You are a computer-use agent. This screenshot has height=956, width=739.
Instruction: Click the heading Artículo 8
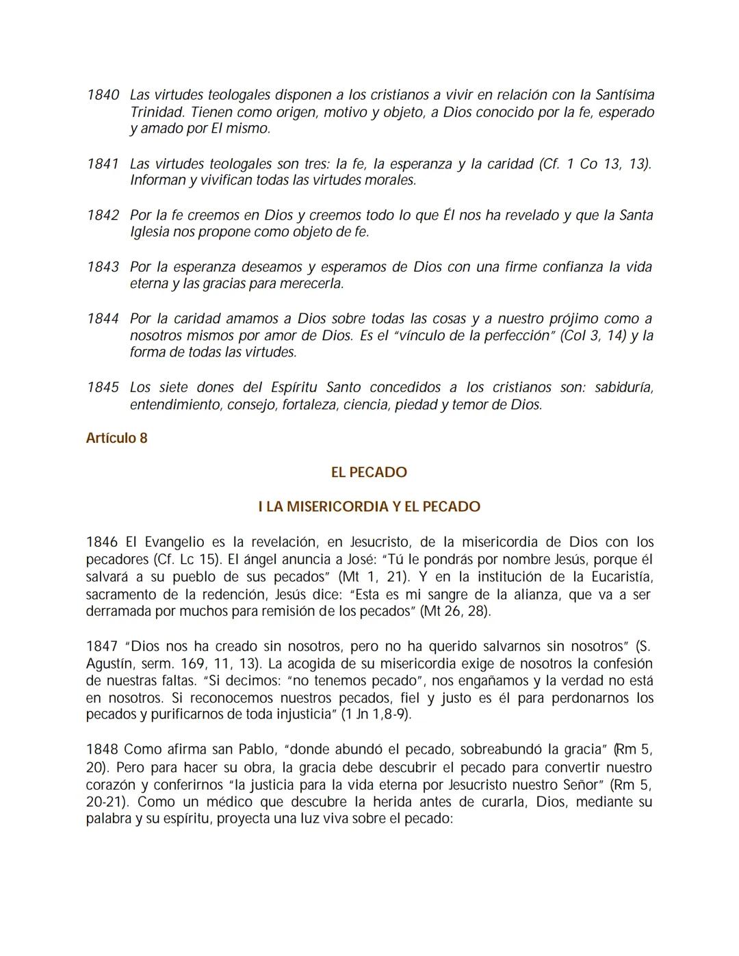(116, 438)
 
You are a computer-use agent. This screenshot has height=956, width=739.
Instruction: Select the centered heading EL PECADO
(369, 472)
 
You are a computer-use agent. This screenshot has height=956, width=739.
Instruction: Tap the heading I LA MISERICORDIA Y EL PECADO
(369, 507)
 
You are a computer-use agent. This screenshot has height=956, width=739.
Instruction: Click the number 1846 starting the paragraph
(102, 542)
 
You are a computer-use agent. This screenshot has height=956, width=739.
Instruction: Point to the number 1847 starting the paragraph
(102, 646)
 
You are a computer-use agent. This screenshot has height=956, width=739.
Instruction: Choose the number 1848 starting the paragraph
(102, 749)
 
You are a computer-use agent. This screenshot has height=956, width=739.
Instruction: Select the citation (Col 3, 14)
(593, 335)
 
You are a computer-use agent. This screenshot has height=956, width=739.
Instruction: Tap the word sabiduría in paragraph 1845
(623, 387)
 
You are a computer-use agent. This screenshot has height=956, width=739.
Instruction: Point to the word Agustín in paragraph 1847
(107, 663)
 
